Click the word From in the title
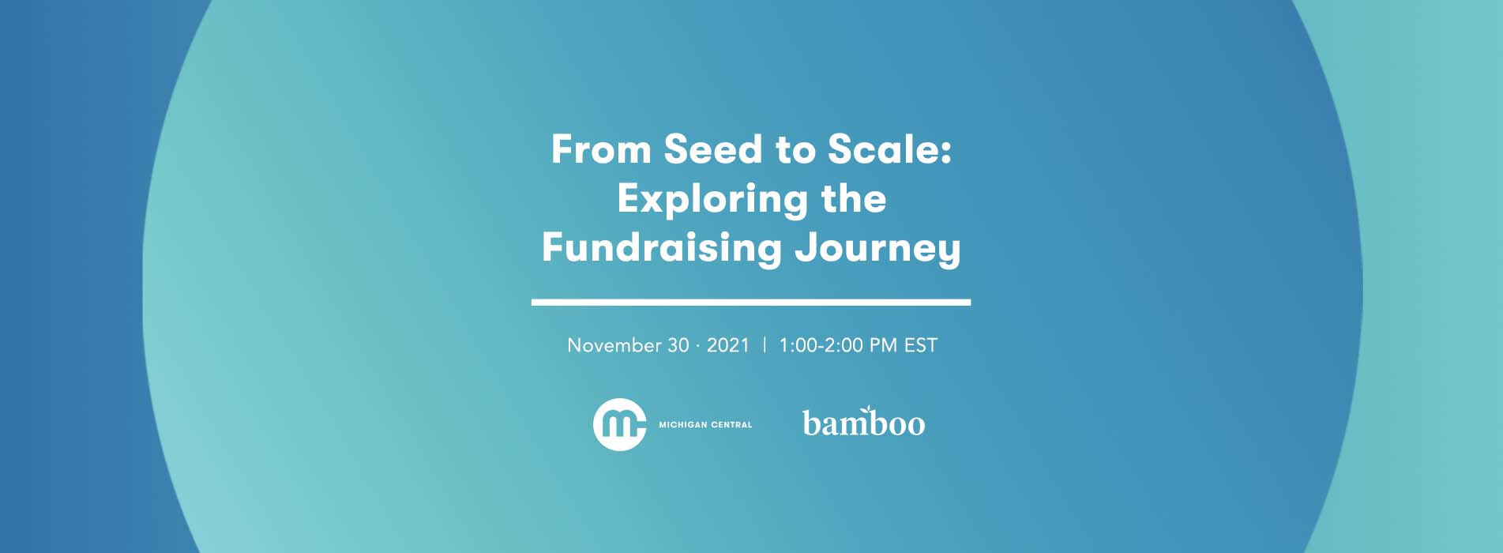[x=600, y=149]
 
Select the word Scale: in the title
[x=889, y=149]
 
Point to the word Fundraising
[x=661, y=247]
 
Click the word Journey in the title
[x=877, y=249]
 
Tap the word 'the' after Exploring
[x=853, y=198]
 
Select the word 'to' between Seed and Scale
[x=795, y=150]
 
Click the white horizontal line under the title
[x=750, y=302]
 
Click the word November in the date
[x=614, y=345]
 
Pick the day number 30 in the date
[x=678, y=345]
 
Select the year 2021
[x=727, y=345]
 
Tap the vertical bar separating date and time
[x=764, y=345]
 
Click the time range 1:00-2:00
[x=821, y=345]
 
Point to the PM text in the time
[x=883, y=345]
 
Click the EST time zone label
[x=921, y=345]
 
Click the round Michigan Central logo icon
[x=620, y=424]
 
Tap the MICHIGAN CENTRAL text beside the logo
[x=705, y=425]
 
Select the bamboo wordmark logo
[x=863, y=423]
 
